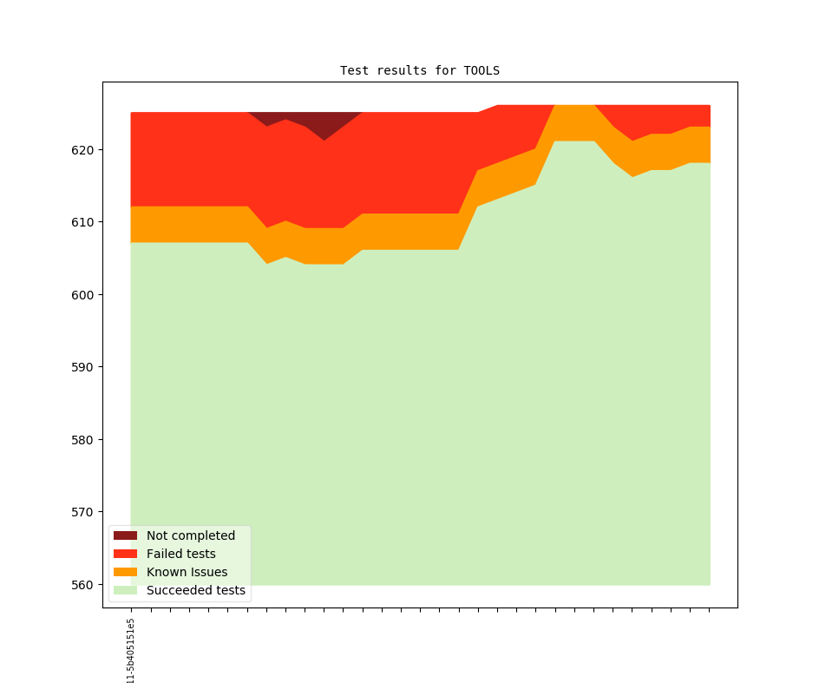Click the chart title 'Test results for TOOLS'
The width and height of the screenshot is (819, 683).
(x=419, y=70)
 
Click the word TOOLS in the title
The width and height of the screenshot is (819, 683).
(x=482, y=70)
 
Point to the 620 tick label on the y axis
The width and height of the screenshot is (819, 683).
(x=83, y=150)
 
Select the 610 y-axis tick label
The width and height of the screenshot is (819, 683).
(x=83, y=222)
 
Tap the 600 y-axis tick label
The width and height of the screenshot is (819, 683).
(x=83, y=295)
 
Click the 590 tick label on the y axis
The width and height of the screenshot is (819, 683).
(x=83, y=367)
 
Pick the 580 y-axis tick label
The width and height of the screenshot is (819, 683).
(x=83, y=440)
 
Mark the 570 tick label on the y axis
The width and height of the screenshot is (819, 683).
(x=83, y=512)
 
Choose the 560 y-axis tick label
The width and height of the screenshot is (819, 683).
(x=83, y=585)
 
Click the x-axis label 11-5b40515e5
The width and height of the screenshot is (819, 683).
(x=131, y=651)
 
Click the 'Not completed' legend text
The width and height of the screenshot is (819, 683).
(x=191, y=535)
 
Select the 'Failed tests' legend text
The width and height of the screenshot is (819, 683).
(x=181, y=554)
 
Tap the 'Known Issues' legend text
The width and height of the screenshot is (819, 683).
(x=187, y=572)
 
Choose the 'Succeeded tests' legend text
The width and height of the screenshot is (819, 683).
(x=196, y=591)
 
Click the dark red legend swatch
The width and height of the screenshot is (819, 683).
(x=125, y=535)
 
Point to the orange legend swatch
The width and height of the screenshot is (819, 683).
(x=125, y=572)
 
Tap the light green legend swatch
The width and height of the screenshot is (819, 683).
(x=125, y=591)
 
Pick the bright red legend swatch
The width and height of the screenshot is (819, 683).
(x=125, y=554)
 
